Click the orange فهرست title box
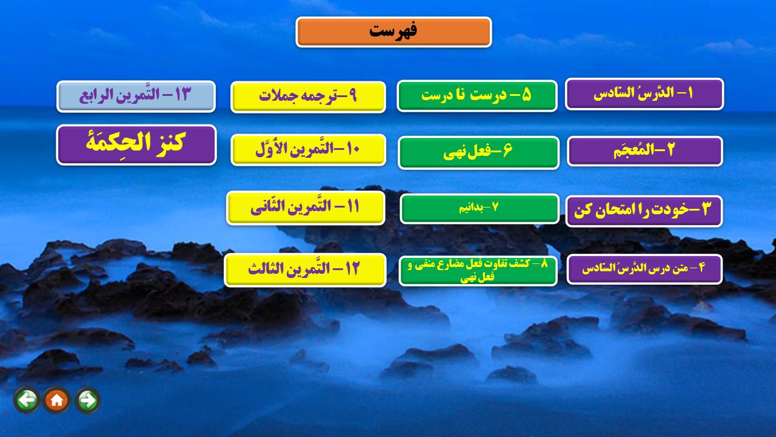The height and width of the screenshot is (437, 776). click(x=393, y=32)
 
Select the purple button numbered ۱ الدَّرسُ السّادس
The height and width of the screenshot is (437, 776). click(x=644, y=94)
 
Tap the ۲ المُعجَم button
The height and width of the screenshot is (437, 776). click(x=644, y=151)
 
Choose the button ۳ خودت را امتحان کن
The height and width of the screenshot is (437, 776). click(x=644, y=211)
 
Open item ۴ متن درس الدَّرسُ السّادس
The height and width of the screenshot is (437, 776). click(x=644, y=269)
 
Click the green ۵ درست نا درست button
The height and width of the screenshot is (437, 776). click(x=477, y=96)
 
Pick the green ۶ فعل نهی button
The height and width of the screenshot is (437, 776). click(x=478, y=152)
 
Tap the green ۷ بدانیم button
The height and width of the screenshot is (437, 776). click(x=480, y=208)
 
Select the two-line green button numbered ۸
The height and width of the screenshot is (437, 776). click(x=478, y=271)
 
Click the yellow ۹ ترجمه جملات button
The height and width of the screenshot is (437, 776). click(x=308, y=97)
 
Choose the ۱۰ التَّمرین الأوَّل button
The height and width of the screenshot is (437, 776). click(x=309, y=150)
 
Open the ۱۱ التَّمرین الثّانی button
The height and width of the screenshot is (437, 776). click(x=306, y=208)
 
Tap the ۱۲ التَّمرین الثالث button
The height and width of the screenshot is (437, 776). click(x=305, y=270)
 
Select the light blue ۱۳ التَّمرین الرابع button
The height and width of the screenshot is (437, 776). click(x=136, y=96)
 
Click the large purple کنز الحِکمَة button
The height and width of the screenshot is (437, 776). click(x=136, y=144)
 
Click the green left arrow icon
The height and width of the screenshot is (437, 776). click(x=27, y=400)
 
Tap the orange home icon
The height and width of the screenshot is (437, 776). click(x=57, y=400)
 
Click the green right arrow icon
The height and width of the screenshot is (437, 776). click(x=88, y=400)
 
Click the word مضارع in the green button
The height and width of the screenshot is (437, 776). click(x=458, y=265)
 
